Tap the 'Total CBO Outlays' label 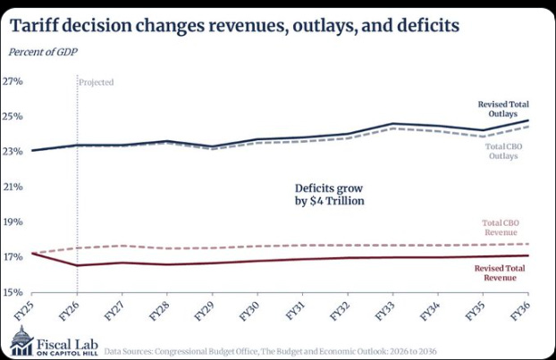(x=503, y=151)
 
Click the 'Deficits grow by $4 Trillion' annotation (x=329, y=195)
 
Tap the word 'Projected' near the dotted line (x=97, y=82)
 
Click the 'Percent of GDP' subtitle (x=43, y=52)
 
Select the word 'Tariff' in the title (x=34, y=25)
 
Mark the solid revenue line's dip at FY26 (x=78, y=265)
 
